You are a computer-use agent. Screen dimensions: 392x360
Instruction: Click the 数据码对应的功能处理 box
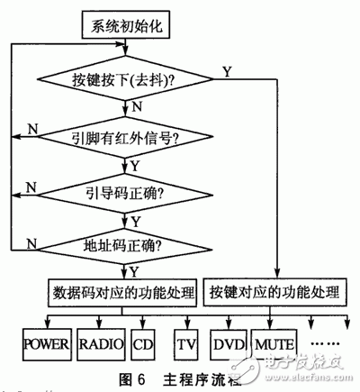coord(121,291)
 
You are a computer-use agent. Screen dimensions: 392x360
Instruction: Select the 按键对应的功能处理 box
coord(274,291)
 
